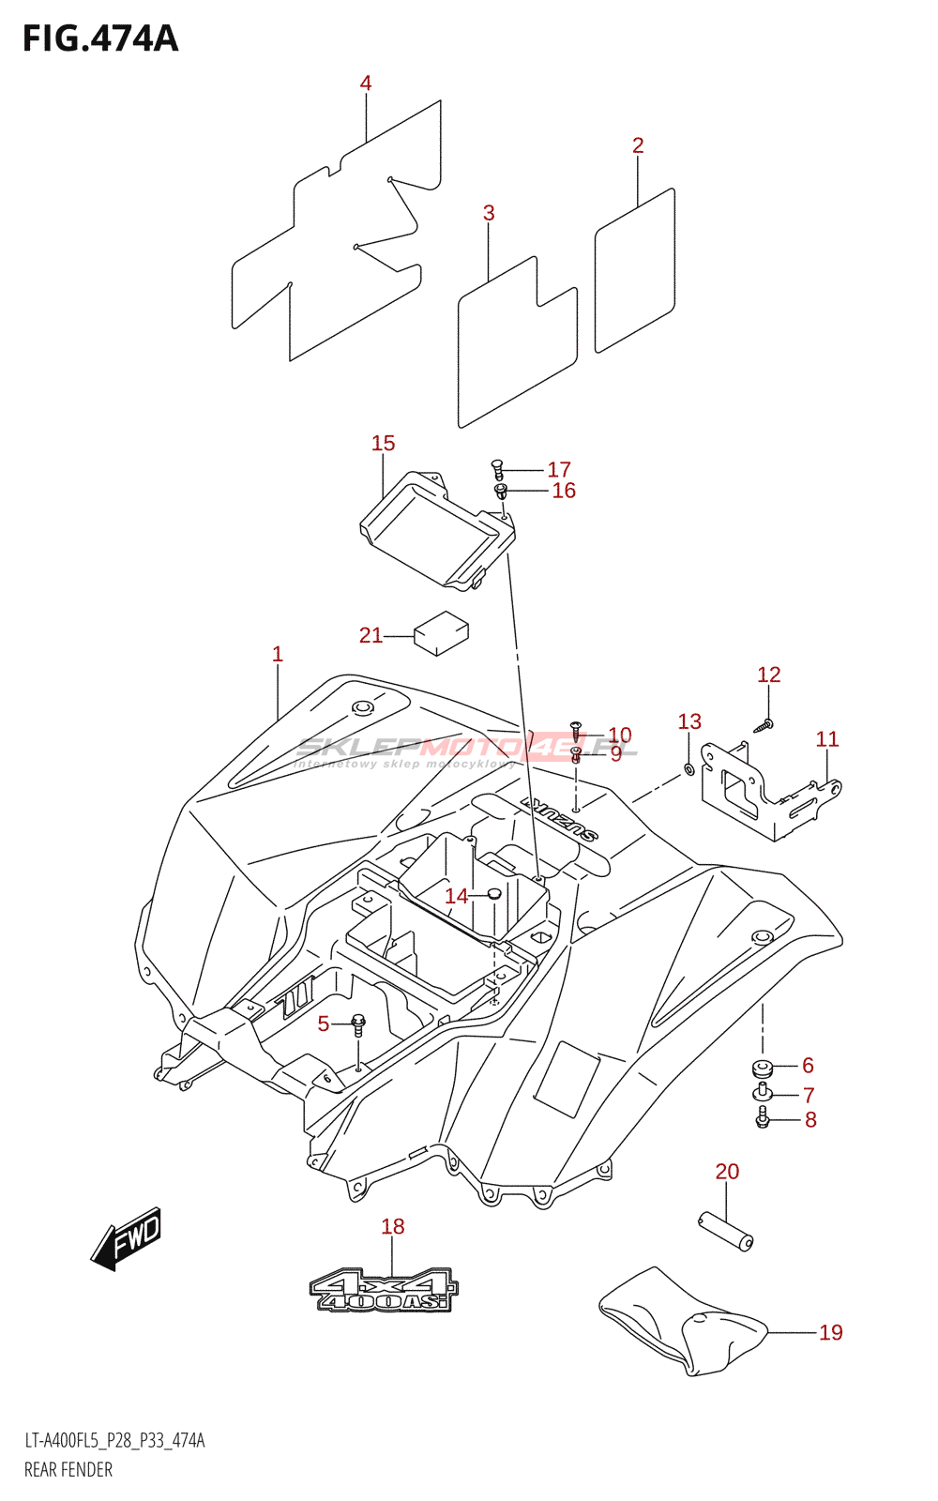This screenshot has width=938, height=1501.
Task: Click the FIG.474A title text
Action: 100,38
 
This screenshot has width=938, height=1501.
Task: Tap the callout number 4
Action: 365,83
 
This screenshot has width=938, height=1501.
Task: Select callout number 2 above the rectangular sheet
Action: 638,144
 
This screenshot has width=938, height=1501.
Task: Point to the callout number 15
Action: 384,443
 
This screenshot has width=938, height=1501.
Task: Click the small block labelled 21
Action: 442,632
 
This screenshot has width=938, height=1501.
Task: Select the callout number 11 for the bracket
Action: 827,739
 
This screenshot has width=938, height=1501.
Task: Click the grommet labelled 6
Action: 764,1066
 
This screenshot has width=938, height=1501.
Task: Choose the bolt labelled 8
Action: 762,1117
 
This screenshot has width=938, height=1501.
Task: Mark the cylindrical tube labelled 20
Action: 726,1233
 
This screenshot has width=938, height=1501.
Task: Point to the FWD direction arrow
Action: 126,1239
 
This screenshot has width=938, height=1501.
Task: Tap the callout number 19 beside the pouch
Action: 831,1332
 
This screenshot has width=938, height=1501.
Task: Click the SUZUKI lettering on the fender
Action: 559,820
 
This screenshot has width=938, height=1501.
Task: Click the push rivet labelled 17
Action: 497,468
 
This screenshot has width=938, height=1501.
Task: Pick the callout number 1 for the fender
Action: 278,654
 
